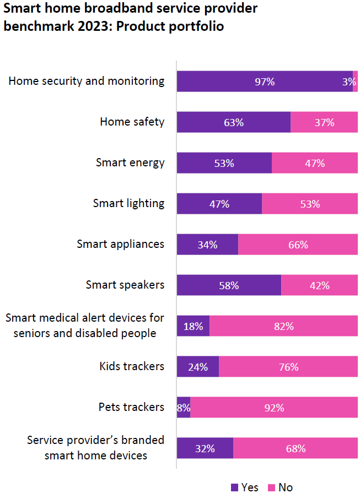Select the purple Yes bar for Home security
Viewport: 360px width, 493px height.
(265, 82)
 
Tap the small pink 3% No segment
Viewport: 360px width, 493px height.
(355, 82)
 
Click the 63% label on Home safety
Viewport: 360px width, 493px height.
(234, 122)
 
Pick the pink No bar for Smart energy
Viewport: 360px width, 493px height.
(314, 163)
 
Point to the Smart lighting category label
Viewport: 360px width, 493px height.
(128, 203)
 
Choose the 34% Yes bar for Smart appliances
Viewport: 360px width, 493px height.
(207, 245)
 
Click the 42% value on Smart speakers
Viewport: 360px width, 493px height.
(320, 285)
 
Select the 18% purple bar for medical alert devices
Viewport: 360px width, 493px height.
(193, 326)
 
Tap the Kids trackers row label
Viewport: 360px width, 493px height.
(132, 366)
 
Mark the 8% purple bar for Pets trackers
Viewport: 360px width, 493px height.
(184, 408)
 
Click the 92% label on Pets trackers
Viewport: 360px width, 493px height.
(274, 408)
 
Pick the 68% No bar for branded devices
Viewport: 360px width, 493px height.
(295, 448)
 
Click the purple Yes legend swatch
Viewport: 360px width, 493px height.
(234, 487)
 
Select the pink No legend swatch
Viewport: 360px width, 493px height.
(271, 487)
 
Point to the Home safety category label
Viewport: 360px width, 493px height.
(132, 122)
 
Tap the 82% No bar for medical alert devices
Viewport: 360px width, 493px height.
(283, 326)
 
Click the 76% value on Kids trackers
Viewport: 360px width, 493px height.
(288, 367)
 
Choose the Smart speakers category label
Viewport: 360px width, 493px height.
(125, 285)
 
